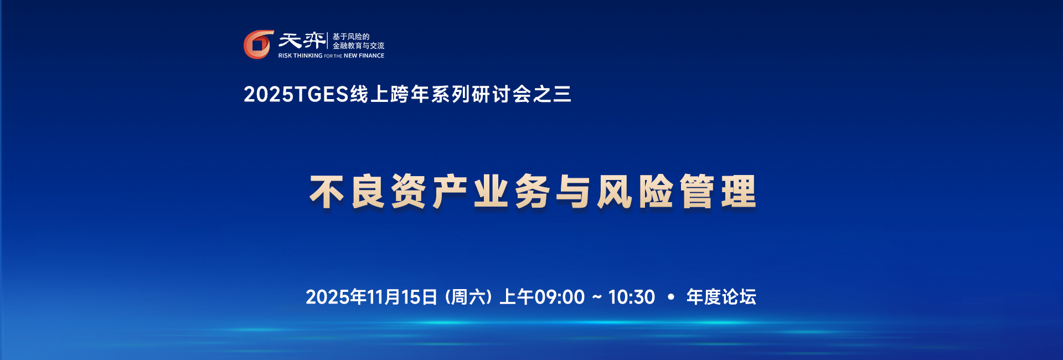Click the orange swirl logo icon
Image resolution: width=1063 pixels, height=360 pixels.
[259, 44]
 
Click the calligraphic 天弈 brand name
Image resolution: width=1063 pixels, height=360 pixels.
[302, 41]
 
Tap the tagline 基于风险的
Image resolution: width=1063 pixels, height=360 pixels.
[351, 37]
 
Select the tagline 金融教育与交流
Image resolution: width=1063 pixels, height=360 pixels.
[358, 46]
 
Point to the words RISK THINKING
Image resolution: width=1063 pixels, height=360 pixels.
[300, 56]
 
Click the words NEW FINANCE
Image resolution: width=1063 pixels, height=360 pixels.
[364, 56]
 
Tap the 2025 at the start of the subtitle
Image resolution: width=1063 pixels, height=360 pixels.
[269, 95]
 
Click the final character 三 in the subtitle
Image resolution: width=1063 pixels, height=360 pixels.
[561, 95]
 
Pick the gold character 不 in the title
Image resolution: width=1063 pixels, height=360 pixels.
[328, 192]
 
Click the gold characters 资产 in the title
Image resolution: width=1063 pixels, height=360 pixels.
[429, 192]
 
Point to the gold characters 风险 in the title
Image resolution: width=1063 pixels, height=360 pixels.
[635, 192]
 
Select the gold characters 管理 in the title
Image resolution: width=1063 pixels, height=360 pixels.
[718, 192]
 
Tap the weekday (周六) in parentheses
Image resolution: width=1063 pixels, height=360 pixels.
[468, 297]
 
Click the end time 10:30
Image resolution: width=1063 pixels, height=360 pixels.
[632, 297]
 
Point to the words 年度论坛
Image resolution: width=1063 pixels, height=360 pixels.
[721, 297]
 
